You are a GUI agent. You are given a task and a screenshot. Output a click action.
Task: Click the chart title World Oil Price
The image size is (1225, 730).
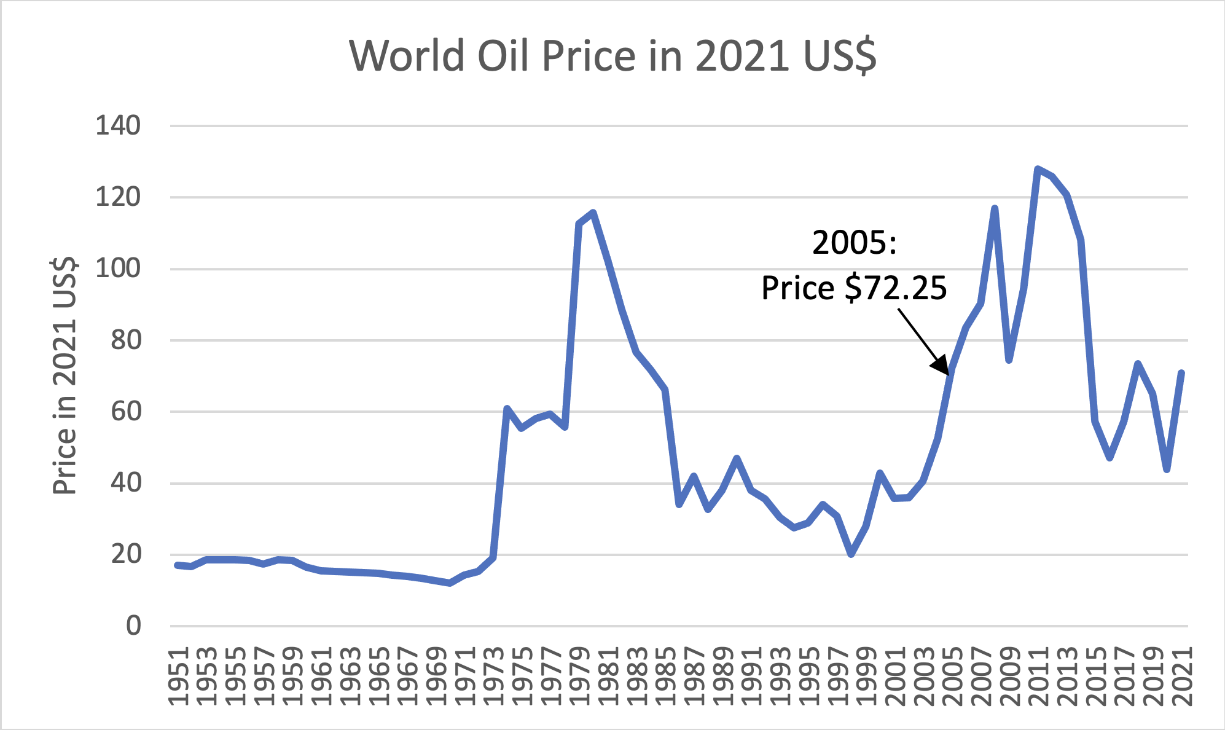tap(612, 57)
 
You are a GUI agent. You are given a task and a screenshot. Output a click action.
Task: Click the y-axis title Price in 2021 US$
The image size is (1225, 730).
tap(65, 376)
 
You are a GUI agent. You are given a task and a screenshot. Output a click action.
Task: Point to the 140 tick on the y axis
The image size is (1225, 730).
tap(118, 126)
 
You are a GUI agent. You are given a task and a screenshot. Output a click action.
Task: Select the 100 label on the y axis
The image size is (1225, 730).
tap(118, 269)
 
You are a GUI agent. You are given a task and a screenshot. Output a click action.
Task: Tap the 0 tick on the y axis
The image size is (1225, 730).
tap(133, 626)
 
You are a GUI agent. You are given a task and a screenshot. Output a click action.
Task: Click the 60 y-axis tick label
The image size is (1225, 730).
tap(125, 412)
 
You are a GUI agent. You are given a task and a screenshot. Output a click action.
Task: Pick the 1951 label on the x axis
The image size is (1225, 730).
tap(178, 676)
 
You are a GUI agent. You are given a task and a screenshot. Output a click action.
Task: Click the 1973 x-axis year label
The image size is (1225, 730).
tap(493, 676)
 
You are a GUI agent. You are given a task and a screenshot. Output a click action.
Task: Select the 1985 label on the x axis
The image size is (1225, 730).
tap(665, 676)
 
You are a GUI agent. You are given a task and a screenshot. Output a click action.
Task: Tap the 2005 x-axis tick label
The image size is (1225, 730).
tap(952, 676)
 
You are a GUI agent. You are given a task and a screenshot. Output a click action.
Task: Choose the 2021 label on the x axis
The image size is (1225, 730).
tap(1181, 676)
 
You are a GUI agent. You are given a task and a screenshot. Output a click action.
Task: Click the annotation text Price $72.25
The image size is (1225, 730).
tap(854, 288)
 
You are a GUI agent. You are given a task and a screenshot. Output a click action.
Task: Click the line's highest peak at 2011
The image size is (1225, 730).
tap(1038, 168)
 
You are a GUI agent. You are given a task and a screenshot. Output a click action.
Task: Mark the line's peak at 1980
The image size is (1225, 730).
tap(593, 213)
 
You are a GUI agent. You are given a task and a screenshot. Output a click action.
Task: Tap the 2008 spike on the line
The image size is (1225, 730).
tap(995, 208)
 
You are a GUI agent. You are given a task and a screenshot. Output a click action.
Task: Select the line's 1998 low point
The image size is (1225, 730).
tap(851, 554)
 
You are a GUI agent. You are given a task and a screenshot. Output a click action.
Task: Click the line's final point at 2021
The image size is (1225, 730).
tap(1181, 372)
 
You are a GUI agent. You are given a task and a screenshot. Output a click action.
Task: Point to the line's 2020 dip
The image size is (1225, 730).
tap(1167, 469)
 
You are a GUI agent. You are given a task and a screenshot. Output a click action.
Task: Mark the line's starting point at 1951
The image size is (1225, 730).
tap(178, 565)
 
